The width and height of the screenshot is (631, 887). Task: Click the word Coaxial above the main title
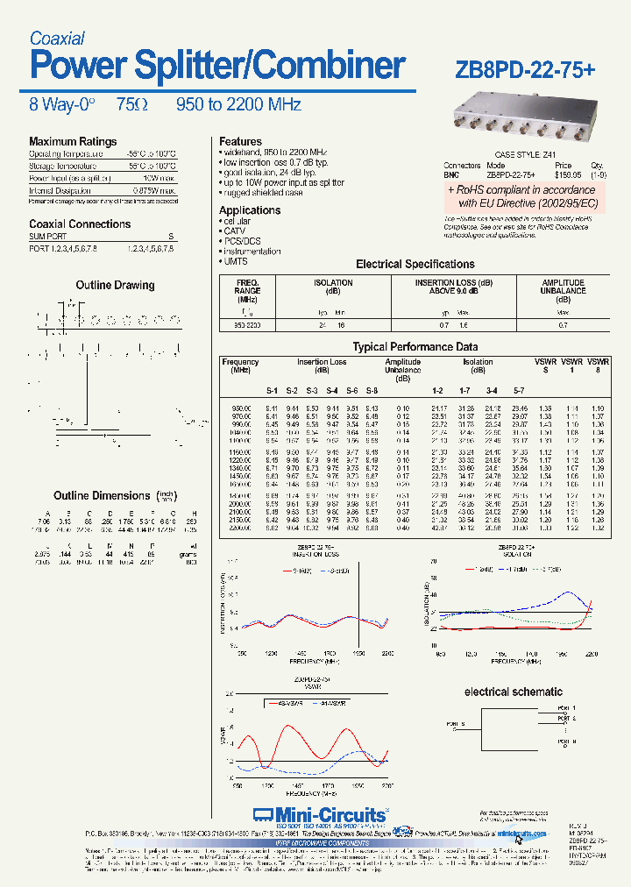coord(57,39)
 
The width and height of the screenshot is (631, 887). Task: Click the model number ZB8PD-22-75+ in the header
coord(526,69)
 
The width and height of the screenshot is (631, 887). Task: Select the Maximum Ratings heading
coord(73,142)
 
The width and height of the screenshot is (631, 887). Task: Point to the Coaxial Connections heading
coord(80,224)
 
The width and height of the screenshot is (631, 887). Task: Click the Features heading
coord(240,142)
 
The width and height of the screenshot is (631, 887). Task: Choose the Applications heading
coord(250,210)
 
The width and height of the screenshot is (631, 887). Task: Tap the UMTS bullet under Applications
coord(234,261)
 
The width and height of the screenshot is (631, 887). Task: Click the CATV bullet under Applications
coord(234,231)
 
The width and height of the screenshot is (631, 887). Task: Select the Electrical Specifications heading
coord(415,264)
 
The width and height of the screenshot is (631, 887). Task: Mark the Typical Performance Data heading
coord(415,347)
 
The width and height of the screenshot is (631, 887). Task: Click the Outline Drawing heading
coord(115,286)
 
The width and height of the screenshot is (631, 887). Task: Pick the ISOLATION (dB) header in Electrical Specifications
coord(333,287)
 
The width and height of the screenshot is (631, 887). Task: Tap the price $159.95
coord(563,174)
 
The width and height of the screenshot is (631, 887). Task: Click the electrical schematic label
coord(513,692)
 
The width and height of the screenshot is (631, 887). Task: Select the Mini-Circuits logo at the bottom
coord(320,814)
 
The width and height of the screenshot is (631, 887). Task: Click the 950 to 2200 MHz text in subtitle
coord(238,105)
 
